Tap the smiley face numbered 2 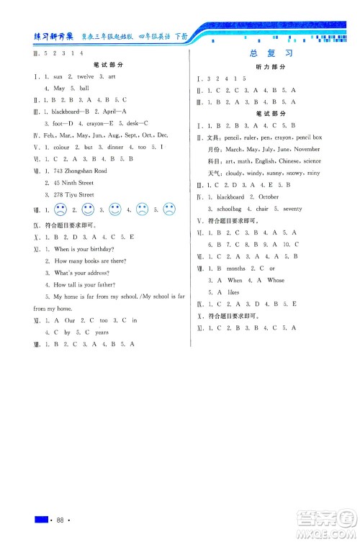[88, 211]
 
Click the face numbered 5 [169, 211]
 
